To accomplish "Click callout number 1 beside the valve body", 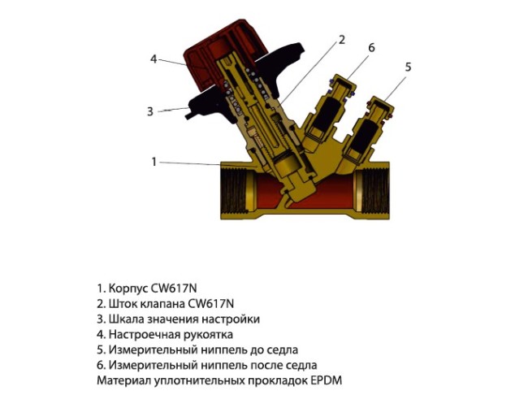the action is tap(154, 162).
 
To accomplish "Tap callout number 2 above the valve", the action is tap(342, 40).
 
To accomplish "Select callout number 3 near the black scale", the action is tap(150, 111).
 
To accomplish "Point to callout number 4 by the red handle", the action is tap(154, 59).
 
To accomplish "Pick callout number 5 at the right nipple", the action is tap(408, 67).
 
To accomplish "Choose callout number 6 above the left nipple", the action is tap(371, 47).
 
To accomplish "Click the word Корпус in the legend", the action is tap(128, 289).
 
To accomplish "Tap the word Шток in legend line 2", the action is tap(120, 304).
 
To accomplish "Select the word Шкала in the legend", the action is tap(124, 319).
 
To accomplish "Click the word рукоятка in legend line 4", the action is tap(209, 335).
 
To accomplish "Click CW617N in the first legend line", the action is tap(174, 289).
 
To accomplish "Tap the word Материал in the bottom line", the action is tap(123, 380).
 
